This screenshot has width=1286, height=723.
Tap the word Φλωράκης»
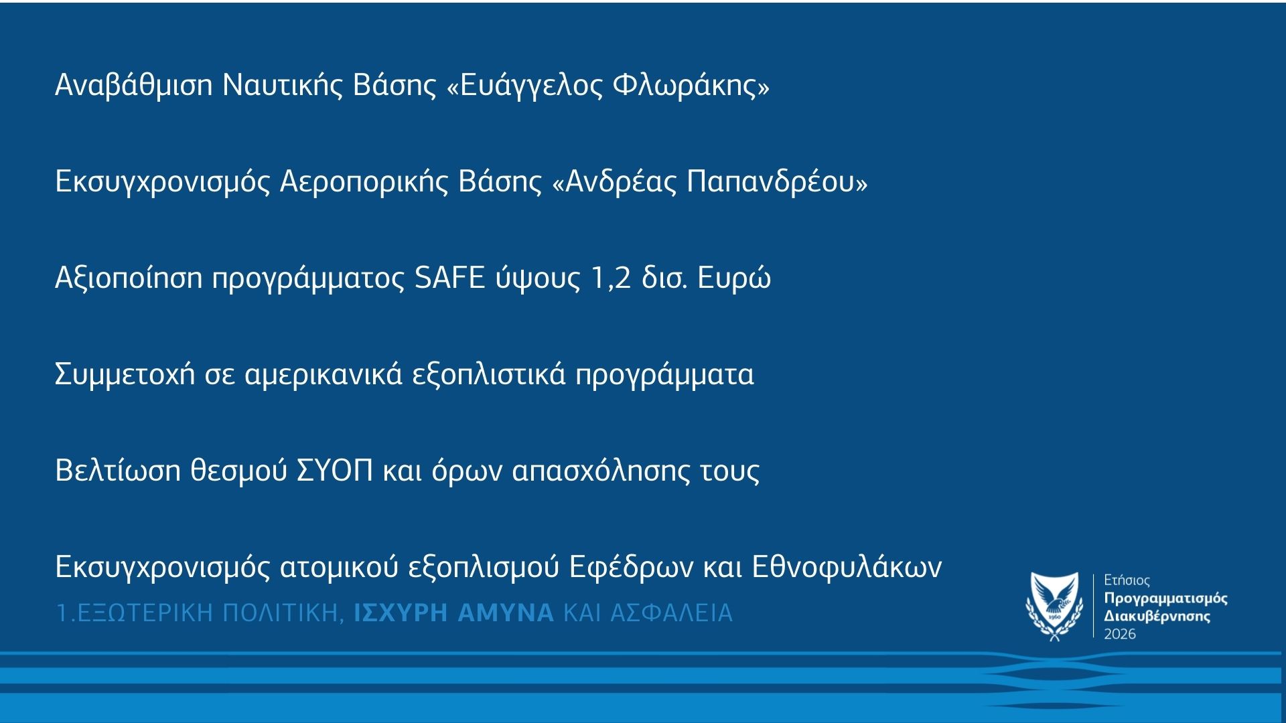691,86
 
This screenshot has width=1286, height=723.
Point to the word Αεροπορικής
363,182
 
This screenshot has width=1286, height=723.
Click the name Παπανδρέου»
777,182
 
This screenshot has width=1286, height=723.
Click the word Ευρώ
734,278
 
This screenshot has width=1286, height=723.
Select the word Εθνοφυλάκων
847,567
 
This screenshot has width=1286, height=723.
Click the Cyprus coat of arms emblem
1054,607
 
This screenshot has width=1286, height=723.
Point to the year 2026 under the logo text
1120,633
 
